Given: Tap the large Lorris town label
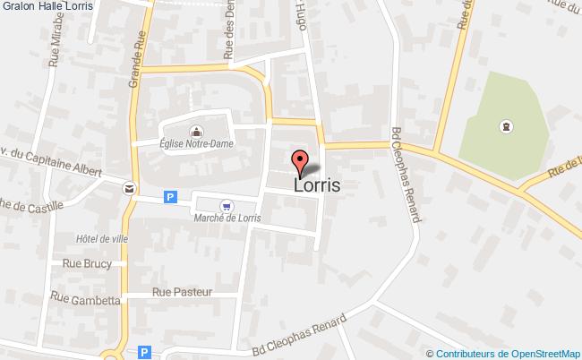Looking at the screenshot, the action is pyautogui.click(x=317, y=184).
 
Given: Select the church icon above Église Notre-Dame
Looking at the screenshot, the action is pyautogui.click(x=196, y=130).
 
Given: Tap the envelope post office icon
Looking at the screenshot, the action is pyautogui.click(x=130, y=188).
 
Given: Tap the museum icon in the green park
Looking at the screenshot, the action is pyautogui.click(x=508, y=126).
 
